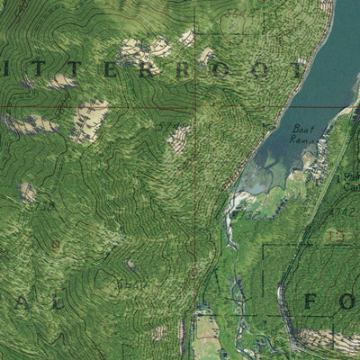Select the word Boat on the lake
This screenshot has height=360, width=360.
[x=302, y=129]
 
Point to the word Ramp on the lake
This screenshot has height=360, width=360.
[x=301, y=139]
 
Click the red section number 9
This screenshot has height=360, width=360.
[x=56, y=245]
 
